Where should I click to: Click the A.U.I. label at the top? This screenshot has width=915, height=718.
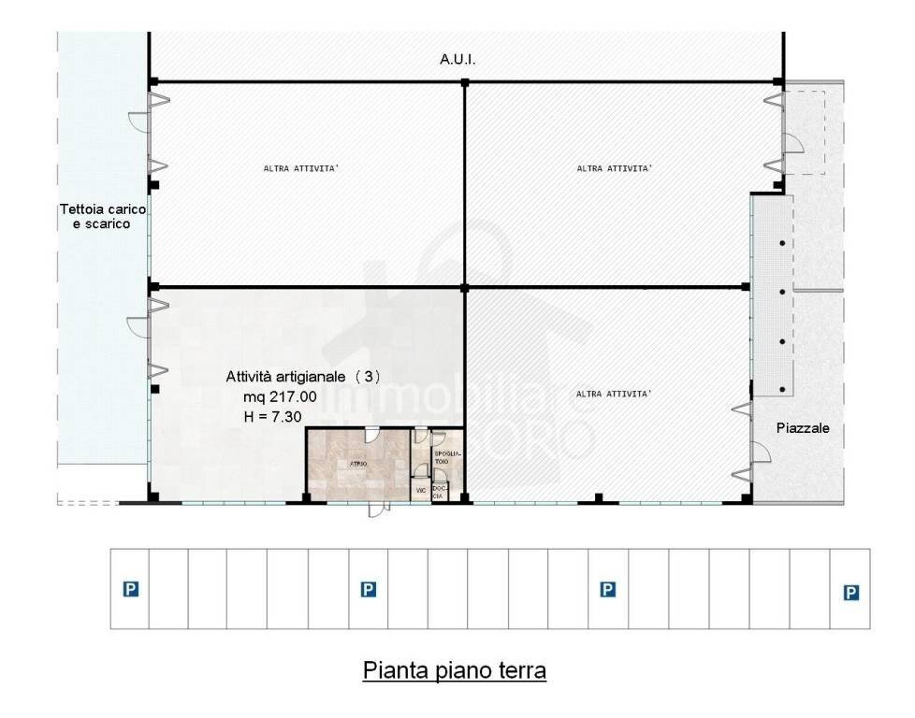coord(457,59)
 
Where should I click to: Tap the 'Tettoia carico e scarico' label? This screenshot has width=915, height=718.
coord(102,217)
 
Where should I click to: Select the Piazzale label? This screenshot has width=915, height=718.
coord(803,428)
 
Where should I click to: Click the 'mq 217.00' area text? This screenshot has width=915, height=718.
coord(280,396)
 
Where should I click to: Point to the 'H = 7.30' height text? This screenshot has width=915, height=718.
coord(272,417)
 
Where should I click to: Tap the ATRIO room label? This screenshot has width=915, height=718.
coord(357,464)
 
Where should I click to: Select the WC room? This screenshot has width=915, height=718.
coord(421,490)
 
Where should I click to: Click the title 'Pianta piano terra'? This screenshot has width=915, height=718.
coord(455,671)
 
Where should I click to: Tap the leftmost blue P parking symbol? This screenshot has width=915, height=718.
coord(131,589)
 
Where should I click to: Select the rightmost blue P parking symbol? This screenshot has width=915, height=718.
coord(850,592)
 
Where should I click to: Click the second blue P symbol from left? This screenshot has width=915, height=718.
coord(369,589)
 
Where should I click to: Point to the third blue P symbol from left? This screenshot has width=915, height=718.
coord(608,589)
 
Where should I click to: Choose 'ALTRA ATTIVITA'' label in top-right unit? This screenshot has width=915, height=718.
coord(615,169)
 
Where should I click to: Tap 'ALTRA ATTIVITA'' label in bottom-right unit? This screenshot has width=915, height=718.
coord(614,394)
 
